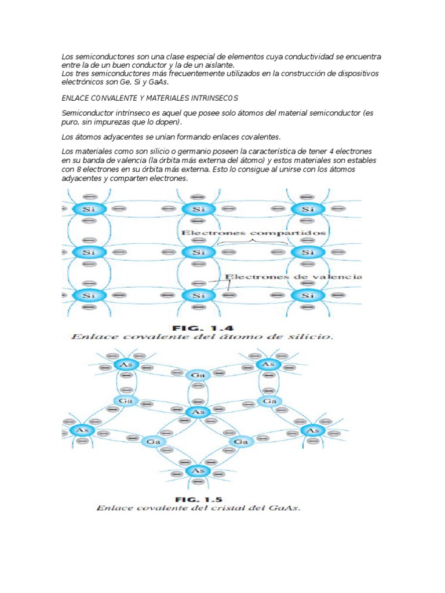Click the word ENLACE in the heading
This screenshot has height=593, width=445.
pyautogui.click(x=74, y=98)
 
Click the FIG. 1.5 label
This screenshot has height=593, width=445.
pyautogui.click(x=198, y=498)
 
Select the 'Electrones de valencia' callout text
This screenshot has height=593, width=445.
pyautogui.click(x=294, y=277)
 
